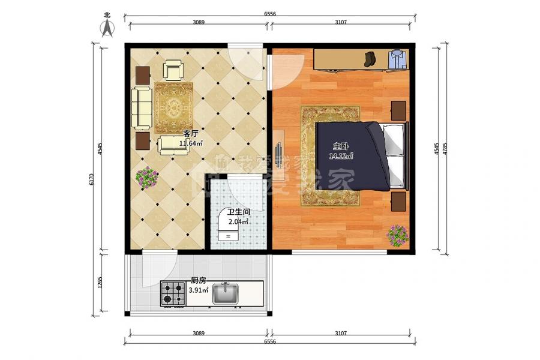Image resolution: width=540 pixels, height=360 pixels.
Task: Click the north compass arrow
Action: [x=107, y=28]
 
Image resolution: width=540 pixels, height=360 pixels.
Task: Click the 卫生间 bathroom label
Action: [x=239, y=212]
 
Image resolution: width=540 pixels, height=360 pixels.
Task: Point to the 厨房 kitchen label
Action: [x=199, y=281]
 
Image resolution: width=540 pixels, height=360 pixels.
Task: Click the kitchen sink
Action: [x=226, y=293]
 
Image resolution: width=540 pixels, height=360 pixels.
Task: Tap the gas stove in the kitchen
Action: [x=173, y=293]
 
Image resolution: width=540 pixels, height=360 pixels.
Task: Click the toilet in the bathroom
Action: [x=227, y=228]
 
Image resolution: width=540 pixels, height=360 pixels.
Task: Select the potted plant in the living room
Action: [x=147, y=178]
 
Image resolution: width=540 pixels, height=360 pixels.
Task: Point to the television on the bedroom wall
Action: [x=278, y=151]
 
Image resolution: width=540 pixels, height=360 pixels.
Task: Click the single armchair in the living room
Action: [x=173, y=70]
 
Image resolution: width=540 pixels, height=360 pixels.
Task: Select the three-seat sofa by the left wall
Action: [x=142, y=108]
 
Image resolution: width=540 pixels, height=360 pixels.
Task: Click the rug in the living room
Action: [x=173, y=108]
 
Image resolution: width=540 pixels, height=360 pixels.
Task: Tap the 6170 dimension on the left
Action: [x=91, y=179]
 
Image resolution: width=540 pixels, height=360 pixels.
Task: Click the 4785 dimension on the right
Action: [x=445, y=149]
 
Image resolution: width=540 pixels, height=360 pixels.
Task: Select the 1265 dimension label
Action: [x=100, y=283]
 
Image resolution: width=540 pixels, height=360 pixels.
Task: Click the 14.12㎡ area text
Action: [x=341, y=157]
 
